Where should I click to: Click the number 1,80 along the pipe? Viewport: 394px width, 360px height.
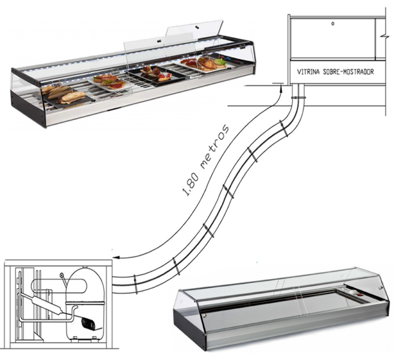tap(191, 185)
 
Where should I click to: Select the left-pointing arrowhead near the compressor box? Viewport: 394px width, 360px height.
tap(116, 257)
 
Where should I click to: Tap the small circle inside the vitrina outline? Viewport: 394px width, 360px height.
tap(333, 24)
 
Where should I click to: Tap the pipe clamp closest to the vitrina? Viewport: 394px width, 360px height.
tap(298, 98)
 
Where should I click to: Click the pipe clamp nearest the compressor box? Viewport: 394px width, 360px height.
tap(136, 285)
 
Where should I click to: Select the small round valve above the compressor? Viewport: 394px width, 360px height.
tap(61, 276)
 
